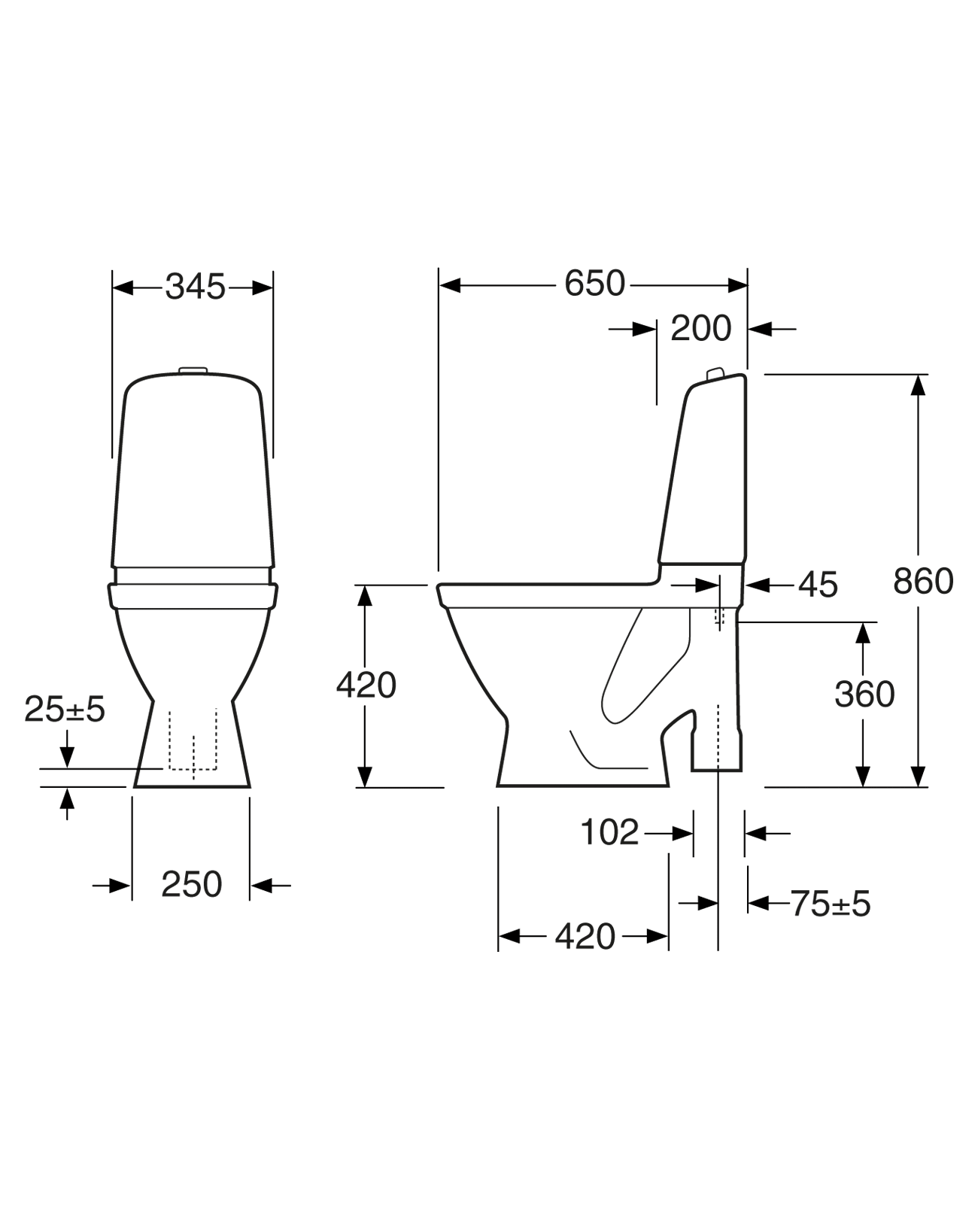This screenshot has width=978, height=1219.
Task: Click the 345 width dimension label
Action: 195,287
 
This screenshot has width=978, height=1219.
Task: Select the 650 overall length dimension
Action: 594,284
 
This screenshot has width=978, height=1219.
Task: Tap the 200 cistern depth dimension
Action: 700,329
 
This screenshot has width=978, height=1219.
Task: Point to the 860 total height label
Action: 923,582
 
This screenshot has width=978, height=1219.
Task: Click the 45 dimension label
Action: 818,585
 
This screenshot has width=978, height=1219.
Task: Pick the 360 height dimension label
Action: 864,695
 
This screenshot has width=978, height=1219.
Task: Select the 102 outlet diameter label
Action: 609,832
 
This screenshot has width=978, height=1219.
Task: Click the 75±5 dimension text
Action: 830,904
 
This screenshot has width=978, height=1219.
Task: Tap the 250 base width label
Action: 191,885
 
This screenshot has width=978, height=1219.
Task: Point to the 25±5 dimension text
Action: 65,709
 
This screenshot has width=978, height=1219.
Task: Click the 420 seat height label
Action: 366,685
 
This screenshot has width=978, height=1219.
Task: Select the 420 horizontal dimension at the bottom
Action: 585,937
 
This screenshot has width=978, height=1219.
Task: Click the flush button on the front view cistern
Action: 193,369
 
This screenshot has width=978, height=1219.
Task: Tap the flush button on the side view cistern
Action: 715,373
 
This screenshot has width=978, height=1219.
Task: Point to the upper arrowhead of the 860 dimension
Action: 918,385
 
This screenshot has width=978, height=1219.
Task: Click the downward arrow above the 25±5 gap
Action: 68,756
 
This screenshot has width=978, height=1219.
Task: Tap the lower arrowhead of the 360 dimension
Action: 863,777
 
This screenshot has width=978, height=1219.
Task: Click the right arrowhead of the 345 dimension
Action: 263,287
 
